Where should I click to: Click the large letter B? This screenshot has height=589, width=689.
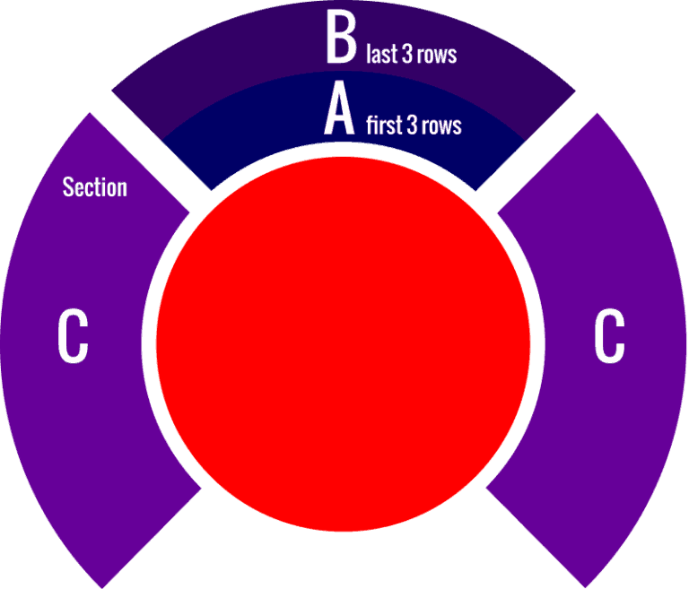[341, 36]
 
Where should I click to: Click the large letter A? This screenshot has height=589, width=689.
[339, 108]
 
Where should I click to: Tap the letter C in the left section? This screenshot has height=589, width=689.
[73, 336]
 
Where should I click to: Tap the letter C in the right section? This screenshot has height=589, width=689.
[609, 336]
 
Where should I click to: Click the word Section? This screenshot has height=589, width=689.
[95, 187]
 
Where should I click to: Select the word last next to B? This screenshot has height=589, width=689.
[382, 54]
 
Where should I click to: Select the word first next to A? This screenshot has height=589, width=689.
[384, 126]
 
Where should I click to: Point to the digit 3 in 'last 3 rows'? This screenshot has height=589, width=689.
[407, 54]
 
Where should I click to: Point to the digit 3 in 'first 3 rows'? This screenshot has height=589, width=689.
[412, 126]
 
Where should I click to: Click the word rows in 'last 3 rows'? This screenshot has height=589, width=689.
[437, 56]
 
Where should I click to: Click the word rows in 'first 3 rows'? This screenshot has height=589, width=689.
[441, 127]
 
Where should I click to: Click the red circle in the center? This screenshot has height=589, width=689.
[344, 344]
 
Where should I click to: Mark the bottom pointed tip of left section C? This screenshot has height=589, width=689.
[102, 588]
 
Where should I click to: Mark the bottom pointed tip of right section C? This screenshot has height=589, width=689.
[585, 588]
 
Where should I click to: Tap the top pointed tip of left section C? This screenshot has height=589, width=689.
[90, 113]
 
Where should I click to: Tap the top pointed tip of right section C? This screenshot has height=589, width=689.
[597, 113]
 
